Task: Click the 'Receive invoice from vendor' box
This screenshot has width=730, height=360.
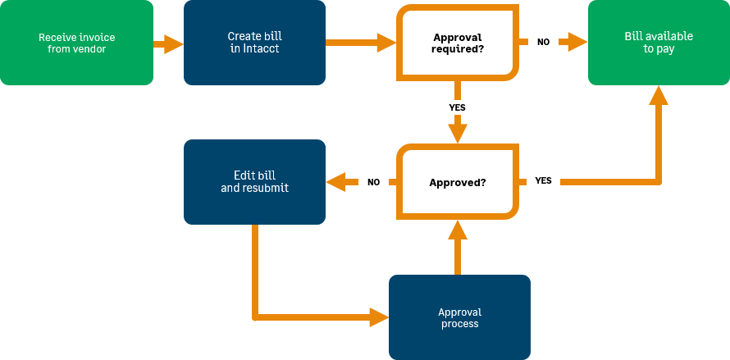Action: point(76,43)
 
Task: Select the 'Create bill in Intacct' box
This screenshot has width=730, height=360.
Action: point(254,43)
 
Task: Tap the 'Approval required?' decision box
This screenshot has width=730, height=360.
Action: point(457,43)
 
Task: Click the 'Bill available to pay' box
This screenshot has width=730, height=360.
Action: point(659,43)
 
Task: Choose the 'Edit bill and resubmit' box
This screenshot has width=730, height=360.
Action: point(254,181)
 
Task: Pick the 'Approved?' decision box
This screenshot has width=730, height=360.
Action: point(457,182)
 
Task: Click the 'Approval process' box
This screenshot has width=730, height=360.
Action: point(459,317)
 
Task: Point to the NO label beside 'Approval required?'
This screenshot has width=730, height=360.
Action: point(543,42)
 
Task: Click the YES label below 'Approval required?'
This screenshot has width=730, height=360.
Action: point(458,107)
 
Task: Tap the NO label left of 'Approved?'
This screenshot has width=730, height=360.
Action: point(373,182)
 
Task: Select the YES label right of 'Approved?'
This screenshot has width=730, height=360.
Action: point(543,180)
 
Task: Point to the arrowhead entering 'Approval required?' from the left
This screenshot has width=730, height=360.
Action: point(386,43)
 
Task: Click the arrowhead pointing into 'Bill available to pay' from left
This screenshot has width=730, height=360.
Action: point(578,43)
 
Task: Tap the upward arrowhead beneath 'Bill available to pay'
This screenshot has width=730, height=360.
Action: point(659,96)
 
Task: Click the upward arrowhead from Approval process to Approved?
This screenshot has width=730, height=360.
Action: point(458,230)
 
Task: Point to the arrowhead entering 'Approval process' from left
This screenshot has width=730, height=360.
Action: point(378,317)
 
